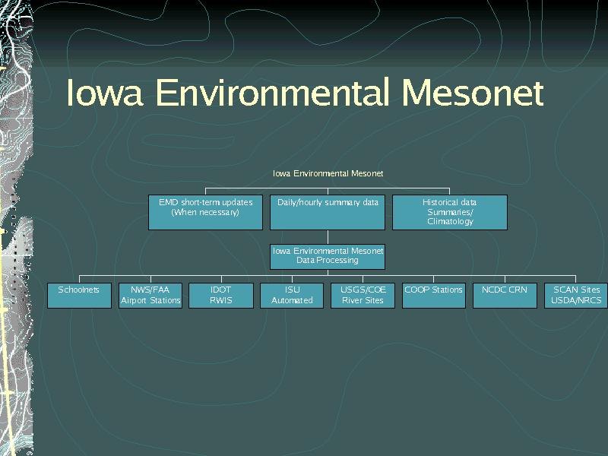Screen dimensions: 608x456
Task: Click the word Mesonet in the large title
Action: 472,92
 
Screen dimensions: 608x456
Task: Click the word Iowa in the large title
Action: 105,92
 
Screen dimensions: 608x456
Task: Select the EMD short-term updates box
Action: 205,212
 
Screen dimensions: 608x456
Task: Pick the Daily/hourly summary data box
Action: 328,212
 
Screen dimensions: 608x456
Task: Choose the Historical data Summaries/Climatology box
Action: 450,212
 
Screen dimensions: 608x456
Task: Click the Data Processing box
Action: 328,257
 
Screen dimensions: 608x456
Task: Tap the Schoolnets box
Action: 79,296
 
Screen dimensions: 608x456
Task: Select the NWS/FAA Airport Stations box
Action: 150,296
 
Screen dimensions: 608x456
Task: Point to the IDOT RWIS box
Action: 221,296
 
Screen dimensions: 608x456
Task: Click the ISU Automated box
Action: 292,296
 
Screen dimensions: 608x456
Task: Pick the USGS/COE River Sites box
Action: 363,296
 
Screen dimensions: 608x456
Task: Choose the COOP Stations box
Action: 433,296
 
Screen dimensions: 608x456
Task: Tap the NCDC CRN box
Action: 505,296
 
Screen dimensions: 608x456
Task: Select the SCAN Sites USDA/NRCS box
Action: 576,296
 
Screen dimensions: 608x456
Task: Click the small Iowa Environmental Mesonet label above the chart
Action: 328,173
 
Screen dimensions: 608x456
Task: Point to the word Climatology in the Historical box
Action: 450,221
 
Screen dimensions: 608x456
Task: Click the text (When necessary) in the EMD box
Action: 205,212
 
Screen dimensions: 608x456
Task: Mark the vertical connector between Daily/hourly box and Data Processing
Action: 328,237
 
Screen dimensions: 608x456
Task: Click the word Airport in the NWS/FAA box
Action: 135,300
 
